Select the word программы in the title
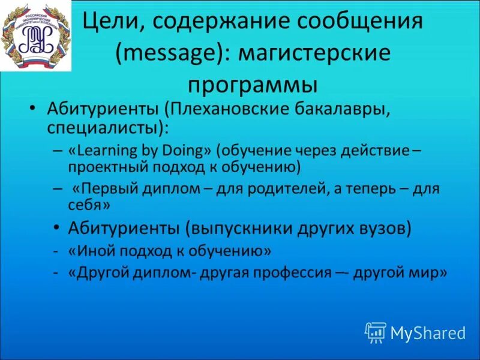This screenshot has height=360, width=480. coord(253,84)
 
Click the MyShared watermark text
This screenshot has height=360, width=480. coord(428,332)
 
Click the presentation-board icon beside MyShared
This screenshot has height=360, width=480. coord(376,332)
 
